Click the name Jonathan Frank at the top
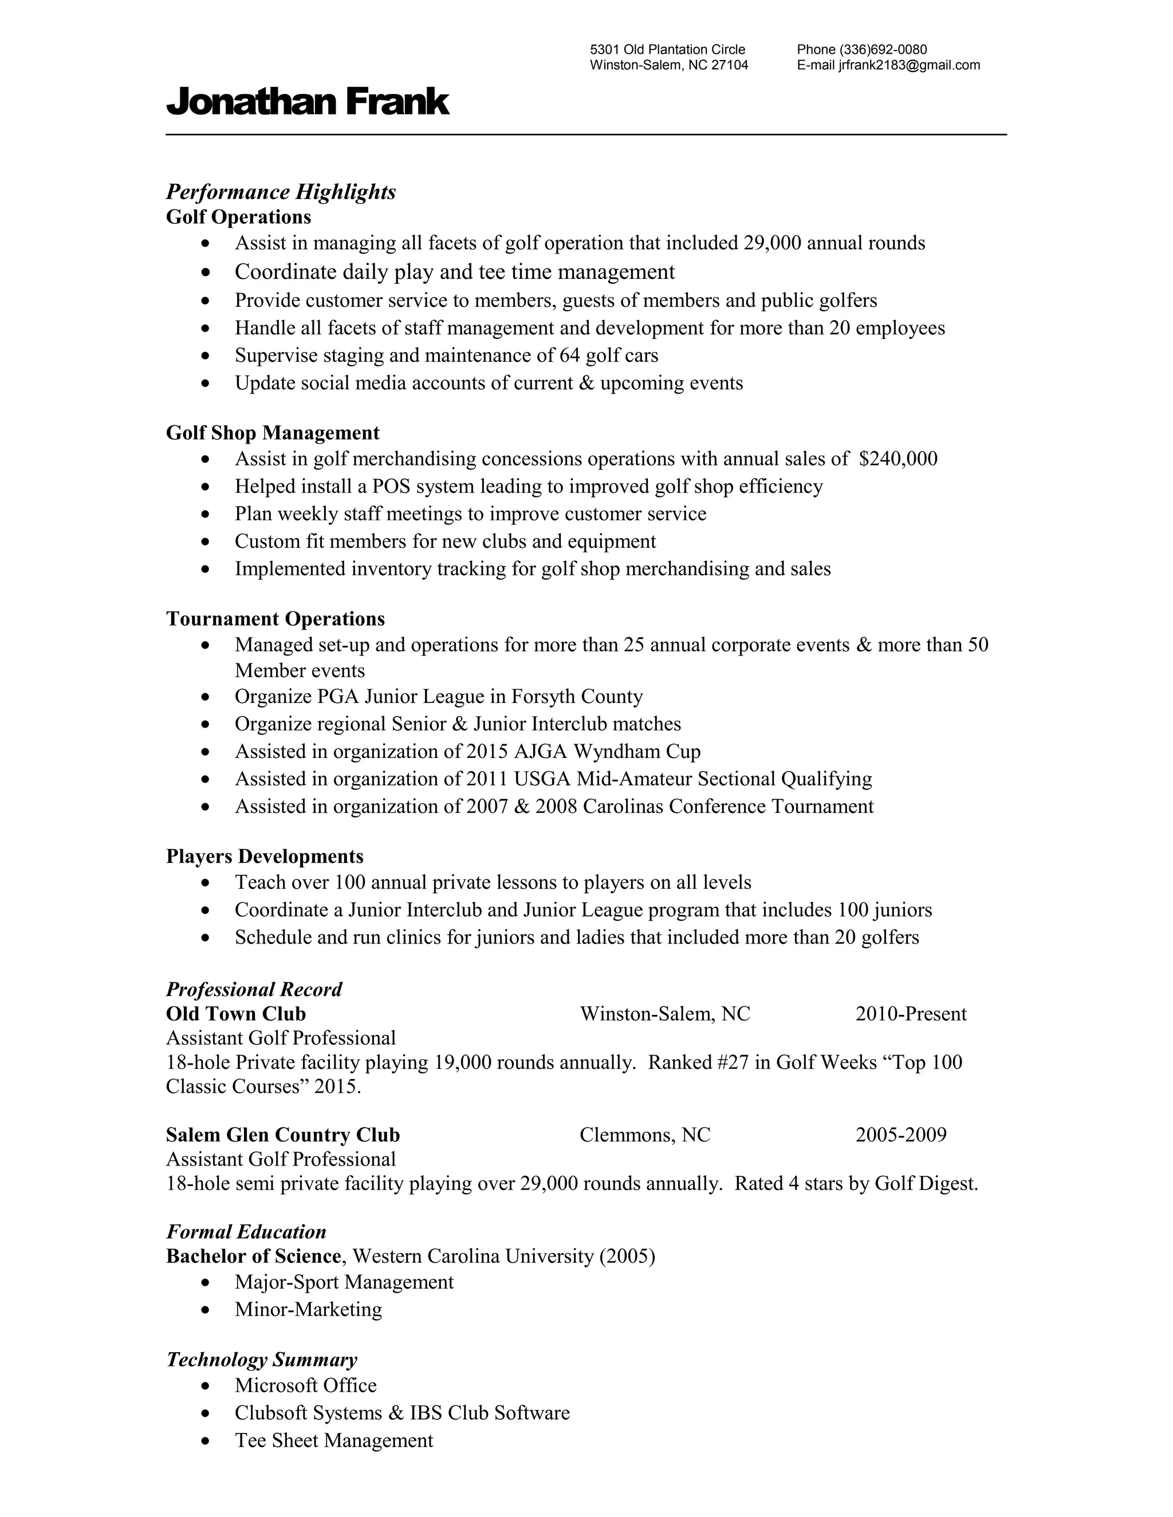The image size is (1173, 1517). (307, 102)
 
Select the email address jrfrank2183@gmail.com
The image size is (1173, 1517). (909, 65)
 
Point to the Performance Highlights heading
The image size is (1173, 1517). (281, 192)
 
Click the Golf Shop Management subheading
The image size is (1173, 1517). (273, 433)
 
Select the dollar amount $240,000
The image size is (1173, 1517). (898, 459)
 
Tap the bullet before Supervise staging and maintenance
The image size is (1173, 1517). (204, 356)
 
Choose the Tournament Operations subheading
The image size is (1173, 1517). (275, 618)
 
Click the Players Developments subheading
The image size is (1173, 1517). (265, 856)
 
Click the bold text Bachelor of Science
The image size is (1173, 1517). (254, 1256)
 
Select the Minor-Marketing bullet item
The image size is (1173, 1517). (308, 1309)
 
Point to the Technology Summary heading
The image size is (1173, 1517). (261, 1360)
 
